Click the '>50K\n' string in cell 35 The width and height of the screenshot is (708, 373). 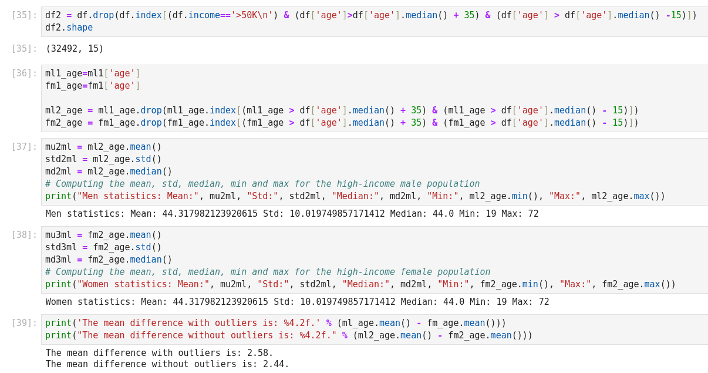pos(254,15)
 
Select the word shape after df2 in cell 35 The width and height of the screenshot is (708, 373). pos(79,27)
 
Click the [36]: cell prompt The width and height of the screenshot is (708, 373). pos(24,73)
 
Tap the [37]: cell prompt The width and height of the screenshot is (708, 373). pos(24,146)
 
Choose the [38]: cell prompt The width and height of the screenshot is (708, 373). pos(24,234)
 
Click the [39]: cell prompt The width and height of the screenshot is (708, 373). pos(24,322)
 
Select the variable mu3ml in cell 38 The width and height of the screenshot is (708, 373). pos(58,235)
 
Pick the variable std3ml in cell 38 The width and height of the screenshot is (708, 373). pos(61,247)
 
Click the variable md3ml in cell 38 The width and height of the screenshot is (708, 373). pos(58,260)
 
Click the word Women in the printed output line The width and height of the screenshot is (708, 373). pos(59,302)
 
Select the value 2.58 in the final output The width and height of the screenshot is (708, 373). pos(258,353)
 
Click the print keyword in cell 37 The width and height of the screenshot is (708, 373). pos(58,196)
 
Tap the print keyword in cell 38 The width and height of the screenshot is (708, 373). pos(58,284)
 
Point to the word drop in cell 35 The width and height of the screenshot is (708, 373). pos(103,15)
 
